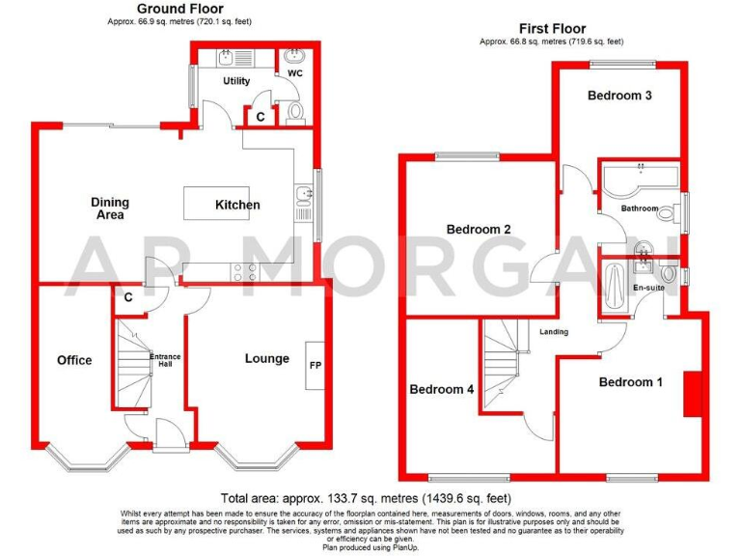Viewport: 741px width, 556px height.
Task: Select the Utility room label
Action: pos(236,82)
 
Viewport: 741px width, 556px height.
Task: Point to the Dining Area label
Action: pos(110,208)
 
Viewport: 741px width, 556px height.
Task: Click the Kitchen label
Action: pos(237,205)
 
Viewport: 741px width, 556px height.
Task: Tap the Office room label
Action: pos(74,360)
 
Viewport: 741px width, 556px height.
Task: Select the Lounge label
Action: pos(266,358)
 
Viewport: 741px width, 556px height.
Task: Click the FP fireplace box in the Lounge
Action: pos(315,366)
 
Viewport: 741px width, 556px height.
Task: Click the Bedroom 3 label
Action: pos(619,96)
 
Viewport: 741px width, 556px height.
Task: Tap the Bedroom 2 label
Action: pos(478,230)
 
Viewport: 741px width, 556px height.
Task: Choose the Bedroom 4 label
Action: pos(442,390)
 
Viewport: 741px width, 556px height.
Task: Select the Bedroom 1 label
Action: pos(630,382)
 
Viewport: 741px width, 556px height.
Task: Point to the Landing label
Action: pos(554,332)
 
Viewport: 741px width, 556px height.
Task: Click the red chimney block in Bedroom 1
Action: pos(691,394)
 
